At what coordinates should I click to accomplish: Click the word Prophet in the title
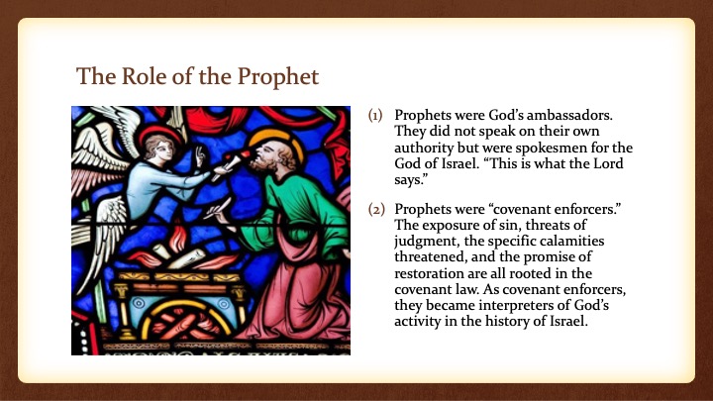coord(278,76)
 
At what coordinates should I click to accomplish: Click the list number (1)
coord(375,116)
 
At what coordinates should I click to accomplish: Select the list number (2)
coord(376,210)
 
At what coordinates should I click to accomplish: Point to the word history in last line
coord(507,322)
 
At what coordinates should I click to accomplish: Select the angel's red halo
coord(160,133)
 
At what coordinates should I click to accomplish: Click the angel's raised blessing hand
coord(200,156)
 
